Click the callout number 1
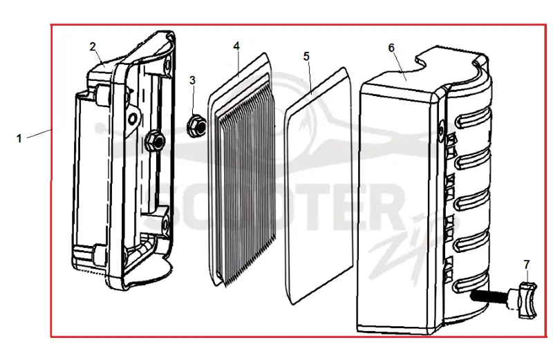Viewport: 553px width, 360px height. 19,138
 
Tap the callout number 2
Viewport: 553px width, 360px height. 93,46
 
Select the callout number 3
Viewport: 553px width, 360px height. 192,80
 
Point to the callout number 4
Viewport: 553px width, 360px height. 236,46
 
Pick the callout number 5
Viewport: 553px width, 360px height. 306,56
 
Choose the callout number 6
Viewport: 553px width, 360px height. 391,48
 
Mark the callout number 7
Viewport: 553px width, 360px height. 527,264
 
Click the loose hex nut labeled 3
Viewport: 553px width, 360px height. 196,125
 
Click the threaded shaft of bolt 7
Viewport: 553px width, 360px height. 491,295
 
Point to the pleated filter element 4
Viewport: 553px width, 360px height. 242,171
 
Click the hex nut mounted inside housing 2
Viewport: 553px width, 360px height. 154,141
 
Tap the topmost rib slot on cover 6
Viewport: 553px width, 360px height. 473,117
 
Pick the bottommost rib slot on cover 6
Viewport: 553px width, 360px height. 471,283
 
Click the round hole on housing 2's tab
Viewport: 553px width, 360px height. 133,118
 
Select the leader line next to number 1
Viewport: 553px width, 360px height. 39,133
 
